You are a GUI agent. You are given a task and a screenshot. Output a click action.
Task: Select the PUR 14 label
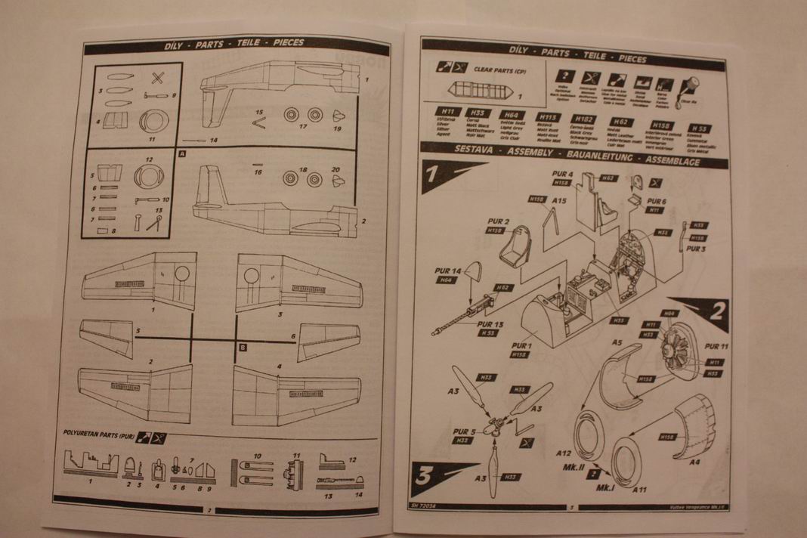(x=451, y=271)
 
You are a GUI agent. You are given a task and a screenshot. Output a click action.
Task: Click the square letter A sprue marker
(x=181, y=151)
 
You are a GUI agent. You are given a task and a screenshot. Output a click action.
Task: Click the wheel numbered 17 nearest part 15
(x=291, y=116)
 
